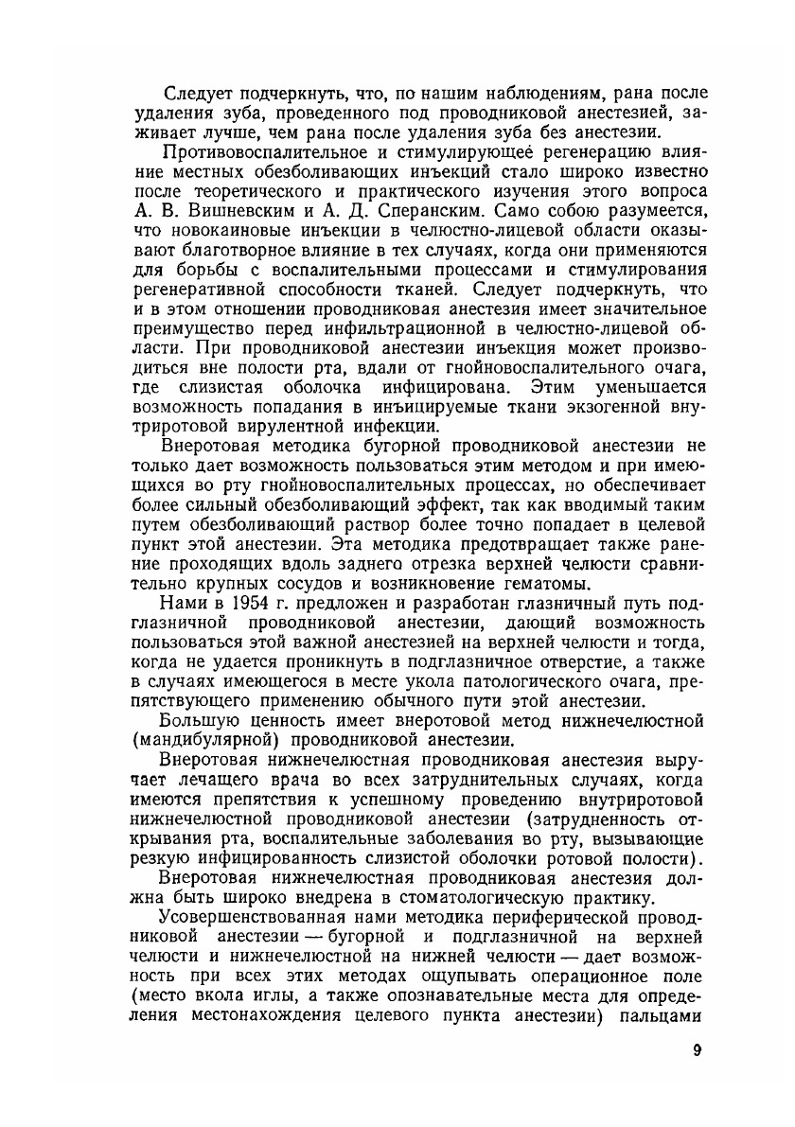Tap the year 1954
(244, 604)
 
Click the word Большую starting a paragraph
(200, 720)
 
